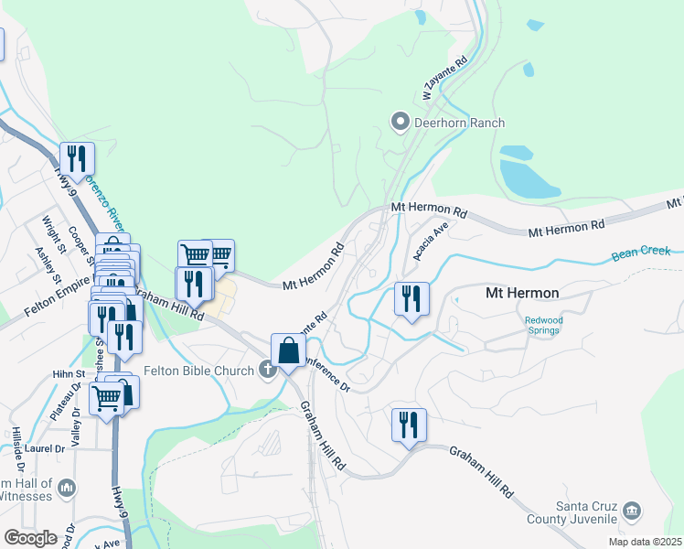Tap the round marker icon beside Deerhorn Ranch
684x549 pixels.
click(400, 122)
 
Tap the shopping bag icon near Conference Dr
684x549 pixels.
click(288, 350)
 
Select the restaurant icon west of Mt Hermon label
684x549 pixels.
click(411, 298)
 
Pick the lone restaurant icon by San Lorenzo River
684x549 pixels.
click(77, 158)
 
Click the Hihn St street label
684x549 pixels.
click(68, 374)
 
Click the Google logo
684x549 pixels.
click(30, 538)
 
